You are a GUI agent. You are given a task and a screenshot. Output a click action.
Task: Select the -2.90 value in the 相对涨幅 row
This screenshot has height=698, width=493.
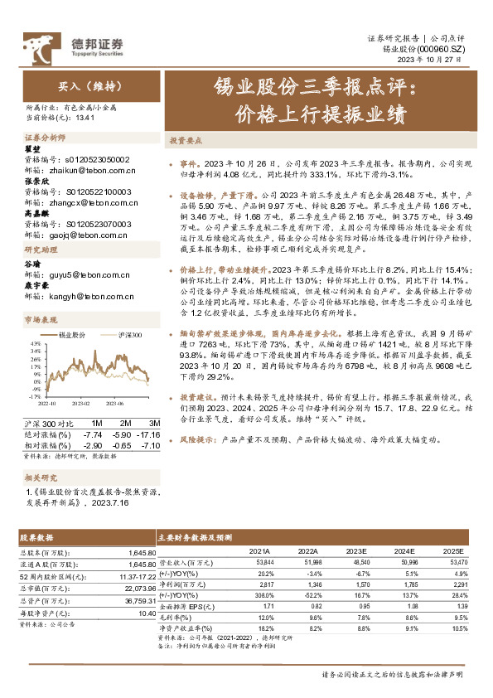(93, 446)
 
